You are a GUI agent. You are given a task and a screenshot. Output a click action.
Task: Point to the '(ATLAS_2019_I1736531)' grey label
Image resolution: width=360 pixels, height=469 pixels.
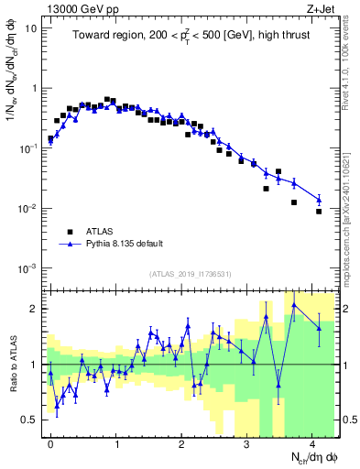coord(191,274)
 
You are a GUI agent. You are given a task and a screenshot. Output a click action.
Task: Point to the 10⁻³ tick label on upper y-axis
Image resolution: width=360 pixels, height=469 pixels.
coord(29,268)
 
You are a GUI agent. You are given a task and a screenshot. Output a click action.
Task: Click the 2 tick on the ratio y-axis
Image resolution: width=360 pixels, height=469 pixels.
coord(36,309)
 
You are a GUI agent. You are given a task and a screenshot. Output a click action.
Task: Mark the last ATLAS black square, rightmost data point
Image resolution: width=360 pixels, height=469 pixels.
coord(319,212)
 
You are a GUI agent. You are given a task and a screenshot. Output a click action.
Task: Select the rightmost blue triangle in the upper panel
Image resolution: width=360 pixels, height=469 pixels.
coord(319,199)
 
